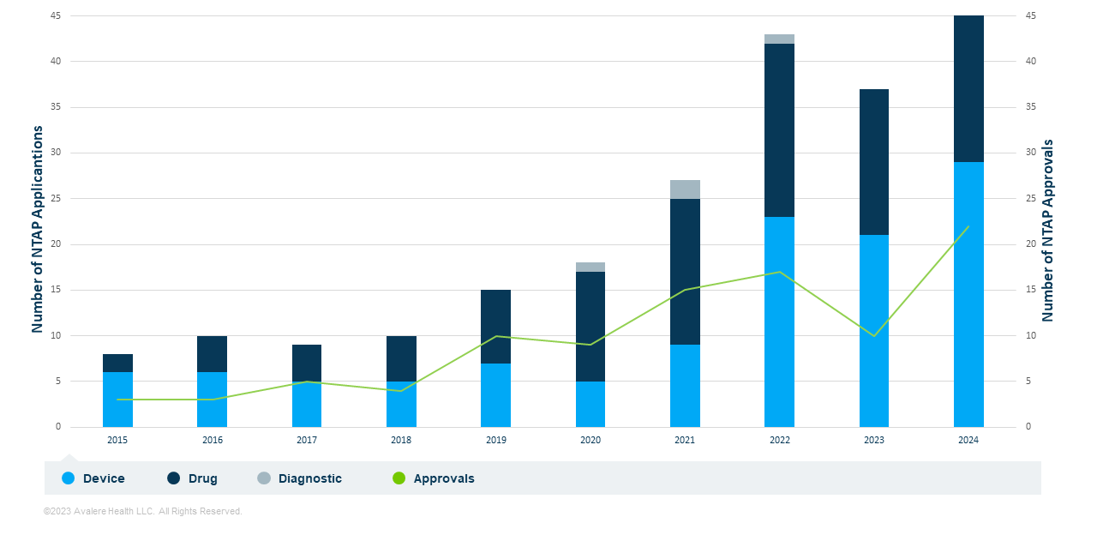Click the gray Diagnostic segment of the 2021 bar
[685, 189]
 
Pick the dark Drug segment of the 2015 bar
[117, 363]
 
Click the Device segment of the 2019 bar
[495, 395]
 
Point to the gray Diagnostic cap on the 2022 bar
[779, 39]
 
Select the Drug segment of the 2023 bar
[873, 162]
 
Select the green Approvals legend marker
[399, 478]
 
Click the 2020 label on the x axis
[590, 440]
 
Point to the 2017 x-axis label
[307, 440]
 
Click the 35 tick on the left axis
[57, 107]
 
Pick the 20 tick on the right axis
[1031, 244]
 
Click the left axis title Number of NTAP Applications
[38, 229]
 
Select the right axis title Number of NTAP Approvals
[1047, 231]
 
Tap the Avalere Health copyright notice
[143, 512]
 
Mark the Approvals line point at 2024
[968, 226]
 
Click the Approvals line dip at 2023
[873, 335]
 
